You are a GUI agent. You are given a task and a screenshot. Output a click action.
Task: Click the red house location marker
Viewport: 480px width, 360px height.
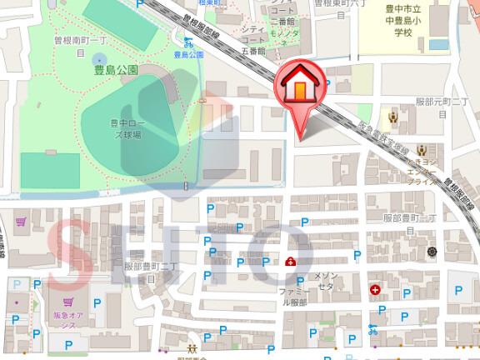pos(298,88)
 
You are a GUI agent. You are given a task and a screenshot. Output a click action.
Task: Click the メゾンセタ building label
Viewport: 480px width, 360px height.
pos(325,280)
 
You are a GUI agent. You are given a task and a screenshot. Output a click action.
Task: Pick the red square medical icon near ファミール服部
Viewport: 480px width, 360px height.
pos(289,262)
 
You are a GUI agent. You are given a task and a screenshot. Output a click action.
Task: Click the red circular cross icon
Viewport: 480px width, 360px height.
pos(375,290)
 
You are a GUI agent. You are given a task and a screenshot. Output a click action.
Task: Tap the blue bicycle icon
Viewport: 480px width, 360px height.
pos(372,328)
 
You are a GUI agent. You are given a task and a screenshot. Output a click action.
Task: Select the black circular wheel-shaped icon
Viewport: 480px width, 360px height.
pos(432,251)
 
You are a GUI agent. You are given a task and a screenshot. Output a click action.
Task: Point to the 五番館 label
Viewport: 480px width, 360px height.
pos(250,51)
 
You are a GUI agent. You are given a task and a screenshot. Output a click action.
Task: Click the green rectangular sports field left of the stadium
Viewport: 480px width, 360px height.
pos(50,171)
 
